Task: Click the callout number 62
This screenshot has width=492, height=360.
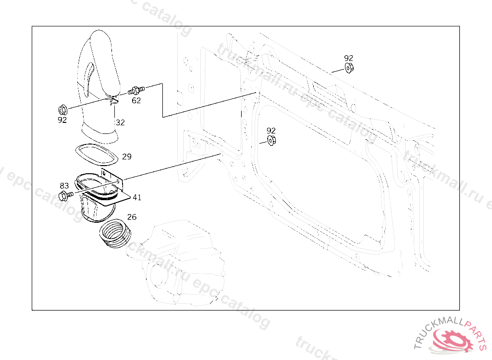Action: coord(136,100)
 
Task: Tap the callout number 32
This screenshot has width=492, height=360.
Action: coord(120,122)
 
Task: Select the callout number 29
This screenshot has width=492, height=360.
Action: coord(127,156)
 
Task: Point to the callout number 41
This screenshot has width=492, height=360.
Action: coord(137,197)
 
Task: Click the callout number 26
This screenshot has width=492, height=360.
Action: coord(132,217)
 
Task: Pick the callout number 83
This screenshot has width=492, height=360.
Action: coord(64,186)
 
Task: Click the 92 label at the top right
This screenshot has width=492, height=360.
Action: coord(349,58)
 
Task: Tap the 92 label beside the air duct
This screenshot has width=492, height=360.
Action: coord(62,120)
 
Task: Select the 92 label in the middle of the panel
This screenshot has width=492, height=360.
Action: coord(271,131)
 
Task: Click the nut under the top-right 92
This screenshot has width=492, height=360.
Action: coord(349,68)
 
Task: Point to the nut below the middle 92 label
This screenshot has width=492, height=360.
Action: coord(271,141)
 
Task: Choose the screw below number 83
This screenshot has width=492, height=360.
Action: coord(65,195)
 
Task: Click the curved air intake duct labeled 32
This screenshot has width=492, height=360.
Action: coord(101,82)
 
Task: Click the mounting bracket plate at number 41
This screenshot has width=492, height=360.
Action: coord(120,190)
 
